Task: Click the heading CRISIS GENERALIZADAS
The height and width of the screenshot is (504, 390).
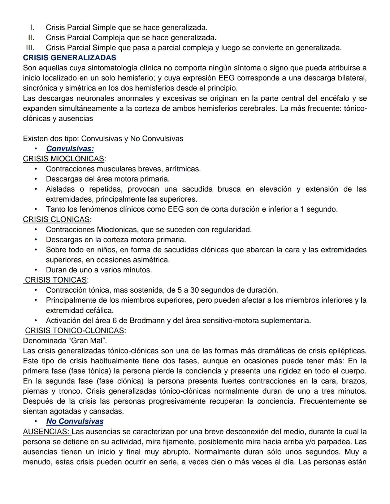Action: (x=69, y=58)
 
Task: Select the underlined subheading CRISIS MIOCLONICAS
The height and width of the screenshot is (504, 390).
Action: (x=64, y=159)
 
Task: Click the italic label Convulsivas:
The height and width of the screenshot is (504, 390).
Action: (x=70, y=149)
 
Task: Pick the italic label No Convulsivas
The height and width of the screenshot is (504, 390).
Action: (x=75, y=421)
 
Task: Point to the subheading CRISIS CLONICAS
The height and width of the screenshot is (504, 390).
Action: (x=56, y=219)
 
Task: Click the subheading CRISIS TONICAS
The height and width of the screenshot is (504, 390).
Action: (x=56, y=280)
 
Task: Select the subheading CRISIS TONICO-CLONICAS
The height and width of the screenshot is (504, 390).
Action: (x=74, y=330)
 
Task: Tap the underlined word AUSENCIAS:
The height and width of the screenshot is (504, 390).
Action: (x=47, y=431)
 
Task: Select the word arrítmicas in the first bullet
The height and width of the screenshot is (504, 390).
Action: (x=183, y=169)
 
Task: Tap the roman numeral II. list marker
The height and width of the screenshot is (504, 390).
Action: (x=31, y=38)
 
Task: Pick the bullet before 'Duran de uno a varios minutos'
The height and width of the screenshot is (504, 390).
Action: (x=36, y=270)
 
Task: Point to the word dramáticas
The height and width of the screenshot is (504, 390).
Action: (x=285, y=351)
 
